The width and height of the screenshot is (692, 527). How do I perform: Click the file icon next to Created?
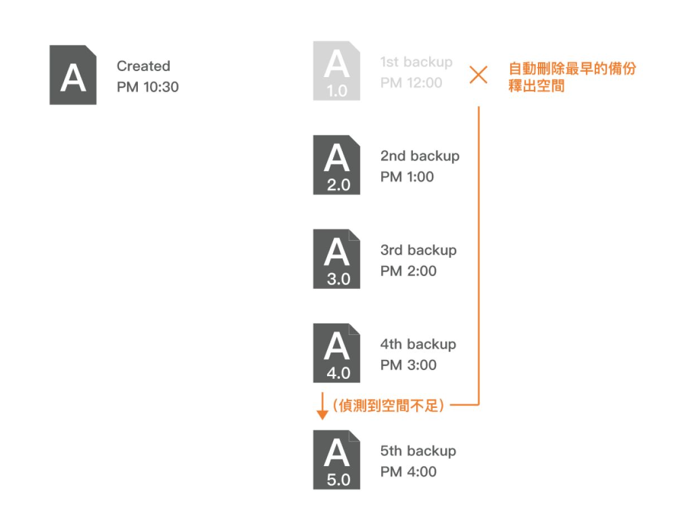[73, 75]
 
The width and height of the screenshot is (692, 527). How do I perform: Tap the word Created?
[143, 66]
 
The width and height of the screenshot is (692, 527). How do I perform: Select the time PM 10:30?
[147, 87]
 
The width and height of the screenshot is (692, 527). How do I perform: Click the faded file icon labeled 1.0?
[337, 70]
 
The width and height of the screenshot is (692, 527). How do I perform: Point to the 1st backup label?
[416, 62]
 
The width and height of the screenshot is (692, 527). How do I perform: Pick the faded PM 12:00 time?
[411, 83]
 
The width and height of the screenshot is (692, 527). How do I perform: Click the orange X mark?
[478, 75]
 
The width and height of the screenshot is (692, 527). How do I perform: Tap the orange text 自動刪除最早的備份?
[572, 69]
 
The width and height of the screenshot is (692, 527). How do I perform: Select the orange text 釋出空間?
[536, 86]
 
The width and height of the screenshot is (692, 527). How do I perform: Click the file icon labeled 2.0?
[337, 165]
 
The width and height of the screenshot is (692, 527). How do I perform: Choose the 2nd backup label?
[420, 156]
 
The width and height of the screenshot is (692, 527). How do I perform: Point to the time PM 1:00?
[407, 177]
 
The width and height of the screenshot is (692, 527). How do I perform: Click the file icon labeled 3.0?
[337, 259]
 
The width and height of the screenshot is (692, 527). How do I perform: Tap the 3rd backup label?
[419, 250]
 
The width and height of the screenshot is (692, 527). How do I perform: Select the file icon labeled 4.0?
[337, 353]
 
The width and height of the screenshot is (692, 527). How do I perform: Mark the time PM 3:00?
[409, 365]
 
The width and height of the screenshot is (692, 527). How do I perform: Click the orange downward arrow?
[322, 406]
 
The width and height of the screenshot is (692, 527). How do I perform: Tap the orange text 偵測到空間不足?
[388, 406]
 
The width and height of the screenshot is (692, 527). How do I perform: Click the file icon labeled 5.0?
[337, 460]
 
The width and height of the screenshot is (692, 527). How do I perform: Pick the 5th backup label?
[418, 451]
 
